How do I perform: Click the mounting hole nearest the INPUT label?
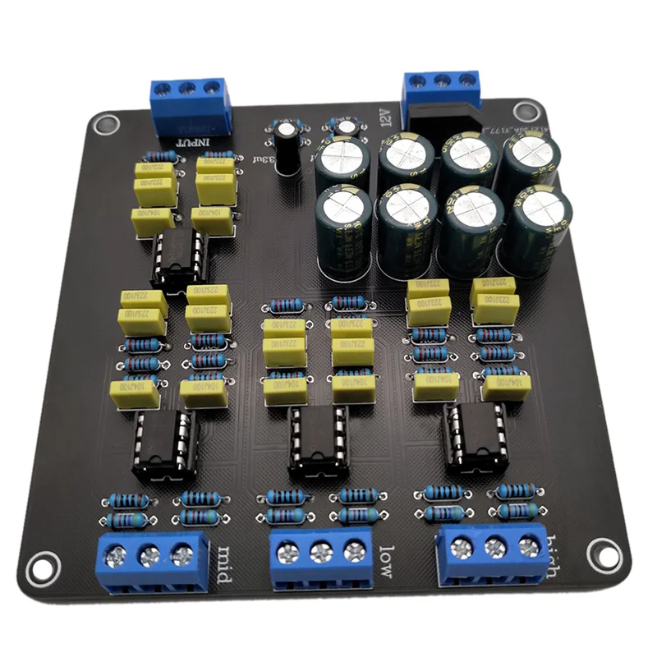[x=103, y=125]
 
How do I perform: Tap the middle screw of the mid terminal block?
[x=149, y=556]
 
